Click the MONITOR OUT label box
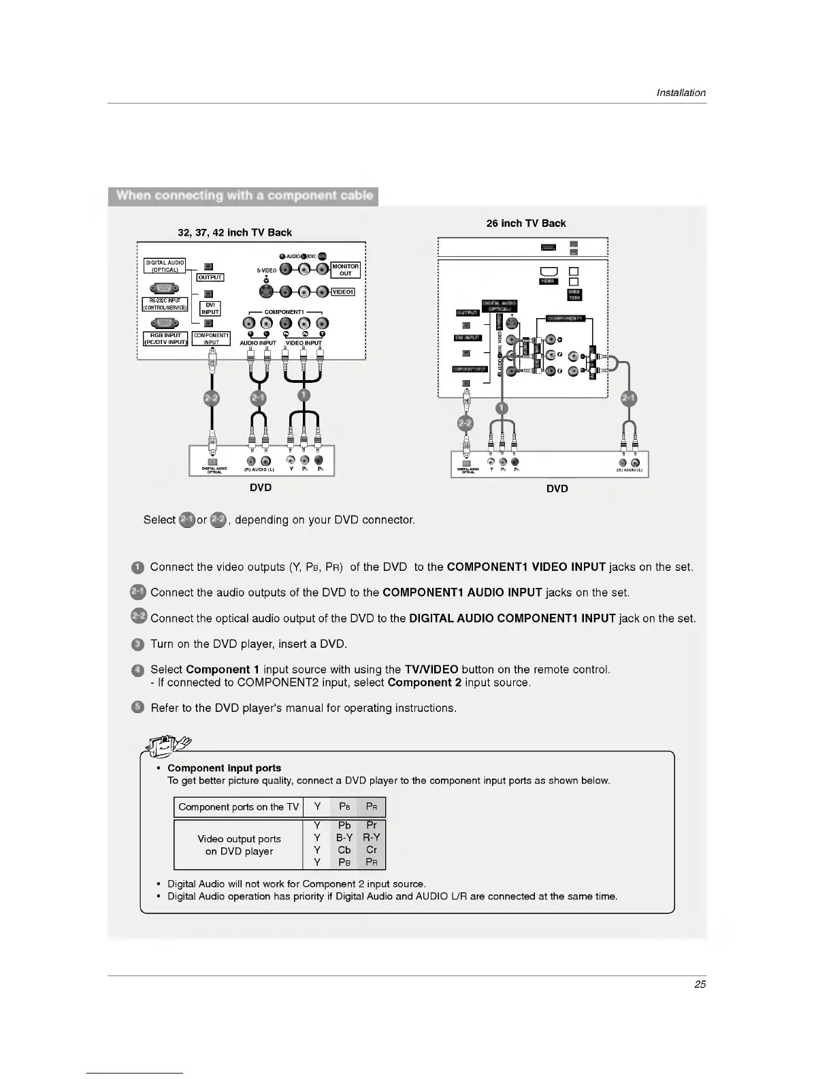coord(345,270)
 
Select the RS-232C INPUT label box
coord(165,303)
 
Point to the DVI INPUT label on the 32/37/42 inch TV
coord(210,309)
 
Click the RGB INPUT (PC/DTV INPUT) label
coord(165,339)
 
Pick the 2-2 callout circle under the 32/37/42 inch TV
coord(212,398)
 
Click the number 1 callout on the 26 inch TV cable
coord(502,409)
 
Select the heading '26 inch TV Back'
coord(525,223)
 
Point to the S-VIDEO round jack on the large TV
coord(266,282)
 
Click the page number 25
coord(700,984)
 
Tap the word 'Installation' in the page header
coord(681,93)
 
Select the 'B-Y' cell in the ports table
coord(344,838)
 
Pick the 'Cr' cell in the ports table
coord(372,850)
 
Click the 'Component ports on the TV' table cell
coord(238,807)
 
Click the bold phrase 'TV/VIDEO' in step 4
coord(431,670)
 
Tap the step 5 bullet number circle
coord(137,708)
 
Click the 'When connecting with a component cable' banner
coord(244,196)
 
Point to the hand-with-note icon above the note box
coord(167,747)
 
